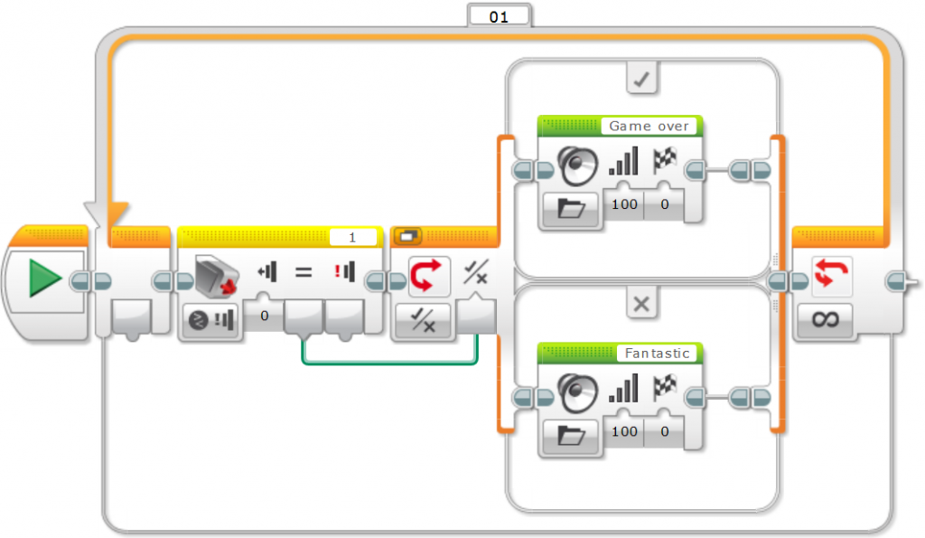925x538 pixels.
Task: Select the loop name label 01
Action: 498,16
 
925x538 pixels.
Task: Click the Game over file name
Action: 649,127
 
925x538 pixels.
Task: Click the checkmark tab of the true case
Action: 642,80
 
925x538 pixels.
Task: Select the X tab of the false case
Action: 641,306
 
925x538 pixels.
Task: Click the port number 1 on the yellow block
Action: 352,237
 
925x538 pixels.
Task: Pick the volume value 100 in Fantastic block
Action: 624,432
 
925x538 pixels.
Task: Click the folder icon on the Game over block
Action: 572,210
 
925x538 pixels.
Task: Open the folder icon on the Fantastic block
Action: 572,437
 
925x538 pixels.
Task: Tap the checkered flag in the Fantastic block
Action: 665,390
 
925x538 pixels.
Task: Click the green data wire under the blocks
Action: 388,364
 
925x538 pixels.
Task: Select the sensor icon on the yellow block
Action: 215,270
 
